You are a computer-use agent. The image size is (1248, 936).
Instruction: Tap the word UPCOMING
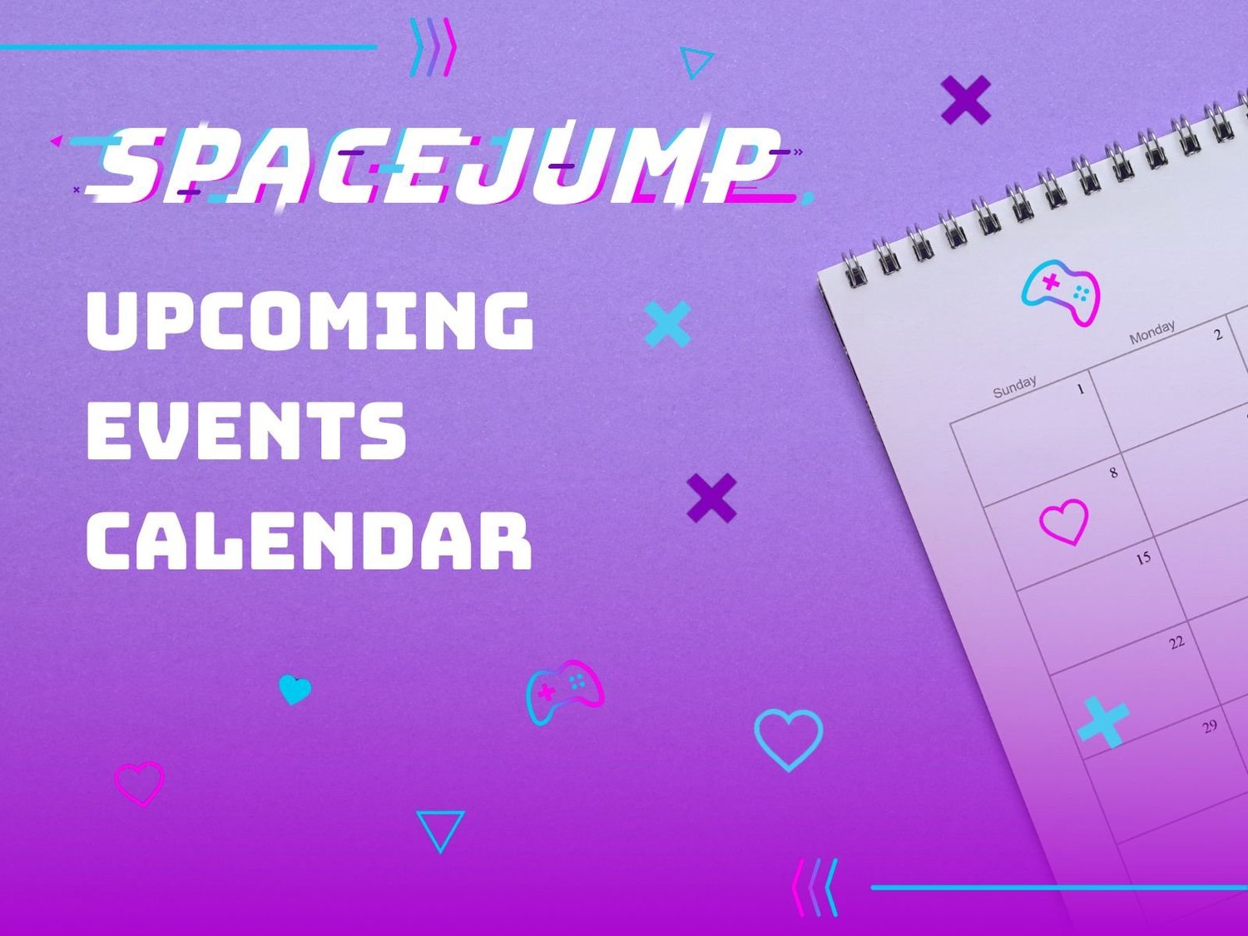(x=310, y=320)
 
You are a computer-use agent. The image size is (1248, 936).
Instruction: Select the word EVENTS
(x=246, y=430)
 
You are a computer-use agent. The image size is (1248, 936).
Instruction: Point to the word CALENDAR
(x=309, y=541)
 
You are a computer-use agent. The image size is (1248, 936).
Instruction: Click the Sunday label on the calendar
(x=1015, y=387)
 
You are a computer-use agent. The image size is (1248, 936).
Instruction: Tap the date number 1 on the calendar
(x=1081, y=389)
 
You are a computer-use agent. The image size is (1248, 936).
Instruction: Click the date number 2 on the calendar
(x=1218, y=335)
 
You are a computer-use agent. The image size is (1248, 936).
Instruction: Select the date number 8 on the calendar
(x=1113, y=473)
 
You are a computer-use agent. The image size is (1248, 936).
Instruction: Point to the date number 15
(x=1143, y=557)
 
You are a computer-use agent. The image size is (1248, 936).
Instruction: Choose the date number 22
(x=1176, y=642)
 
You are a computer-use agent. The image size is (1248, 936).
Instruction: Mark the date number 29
(x=1210, y=726)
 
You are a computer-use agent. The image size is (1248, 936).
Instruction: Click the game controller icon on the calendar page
(x=1061, y=292)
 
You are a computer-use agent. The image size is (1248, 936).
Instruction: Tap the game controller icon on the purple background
(x=564, y=691)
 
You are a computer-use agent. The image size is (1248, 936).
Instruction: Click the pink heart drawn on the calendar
(x=1064, y=522)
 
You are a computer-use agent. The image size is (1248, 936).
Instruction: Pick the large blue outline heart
(x=788, y=738)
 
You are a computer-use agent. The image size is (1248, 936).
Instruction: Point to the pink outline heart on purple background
(x=139, y=783)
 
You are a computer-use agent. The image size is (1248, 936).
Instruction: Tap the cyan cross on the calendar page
(x=1103, y=721)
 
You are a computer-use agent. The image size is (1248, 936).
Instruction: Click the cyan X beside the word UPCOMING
(x=667, y=324)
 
